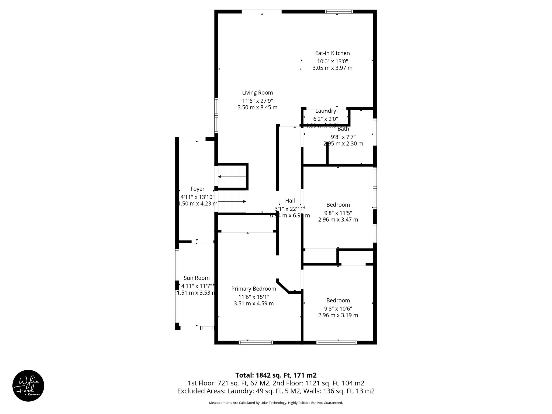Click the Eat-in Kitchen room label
[332, 53]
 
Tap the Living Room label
[257, 93]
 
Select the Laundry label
[326, 111]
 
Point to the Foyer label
[197, 189]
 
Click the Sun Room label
[196, 278]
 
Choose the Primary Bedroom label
[254, 289]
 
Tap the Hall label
[290, 201]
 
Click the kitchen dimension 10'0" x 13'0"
[332, 61]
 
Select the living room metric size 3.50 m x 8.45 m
[257, 108]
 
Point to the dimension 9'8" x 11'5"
[338, 213]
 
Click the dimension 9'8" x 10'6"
[338, 309]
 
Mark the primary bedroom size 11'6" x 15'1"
[254, 297]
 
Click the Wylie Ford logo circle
[28, 385]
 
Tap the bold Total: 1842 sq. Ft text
[276, 375]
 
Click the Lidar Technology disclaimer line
[276, 403]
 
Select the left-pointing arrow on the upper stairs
[219, 177]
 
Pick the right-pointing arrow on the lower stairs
[244, 201]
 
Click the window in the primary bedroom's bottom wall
[256, 343]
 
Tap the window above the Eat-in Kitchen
[339, 12]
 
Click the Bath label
[343, 129]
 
